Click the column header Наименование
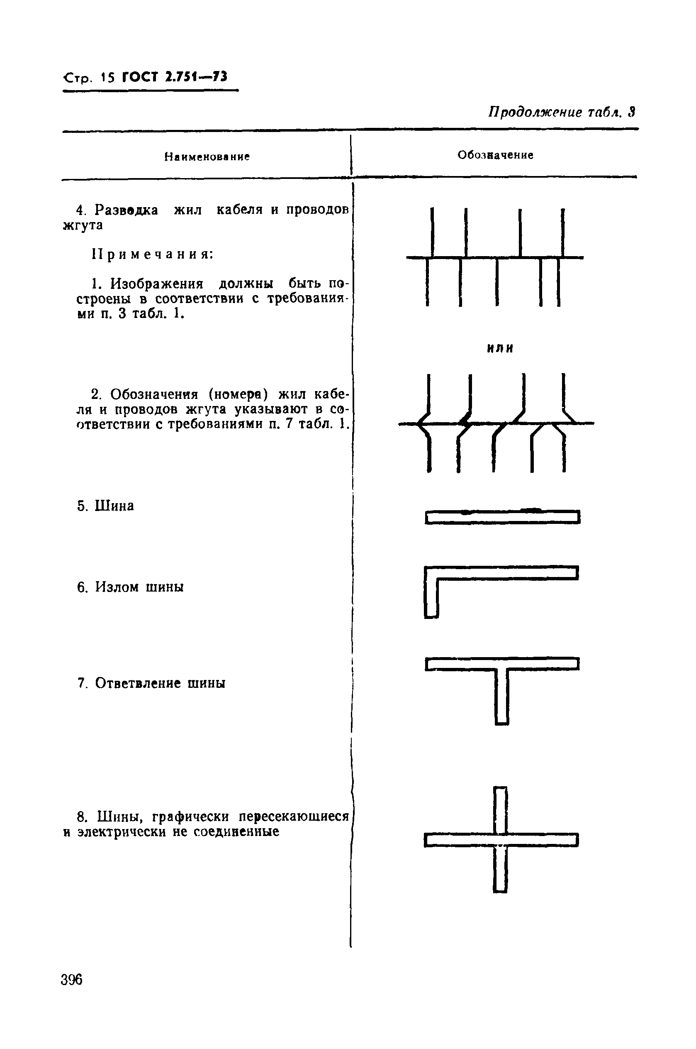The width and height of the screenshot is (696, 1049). click(207, 157)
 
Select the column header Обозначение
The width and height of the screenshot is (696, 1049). click(495, 155)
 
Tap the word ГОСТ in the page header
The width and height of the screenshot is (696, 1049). click(140, 77)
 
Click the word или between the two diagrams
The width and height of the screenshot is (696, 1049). click(500, 349)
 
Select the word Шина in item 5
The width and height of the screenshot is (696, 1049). click(114, 506)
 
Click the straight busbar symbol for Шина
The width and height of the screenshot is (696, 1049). click(502, 517)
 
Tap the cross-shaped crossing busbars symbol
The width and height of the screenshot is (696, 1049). click(500, 840)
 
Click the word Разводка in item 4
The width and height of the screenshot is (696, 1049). click(127, 210)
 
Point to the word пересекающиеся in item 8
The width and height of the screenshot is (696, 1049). click(293, 817)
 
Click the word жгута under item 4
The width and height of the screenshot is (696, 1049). click(83, 225)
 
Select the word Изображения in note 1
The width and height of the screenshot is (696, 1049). click(157, 284)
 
